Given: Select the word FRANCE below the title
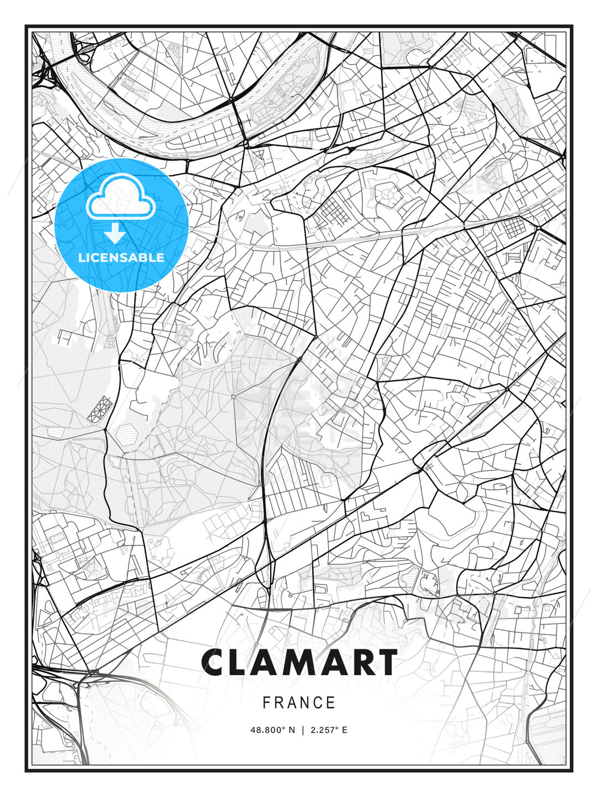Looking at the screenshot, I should click(x=299, y=703).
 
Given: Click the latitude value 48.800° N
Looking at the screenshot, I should click(x=273, y=730).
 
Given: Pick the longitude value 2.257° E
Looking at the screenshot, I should click(x=329, y=730).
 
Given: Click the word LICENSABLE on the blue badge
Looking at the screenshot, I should click(x=121, y=257).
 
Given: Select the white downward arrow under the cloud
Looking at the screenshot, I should click(x=115, y=234).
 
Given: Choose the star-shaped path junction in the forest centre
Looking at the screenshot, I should click(x=234, y=396).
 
